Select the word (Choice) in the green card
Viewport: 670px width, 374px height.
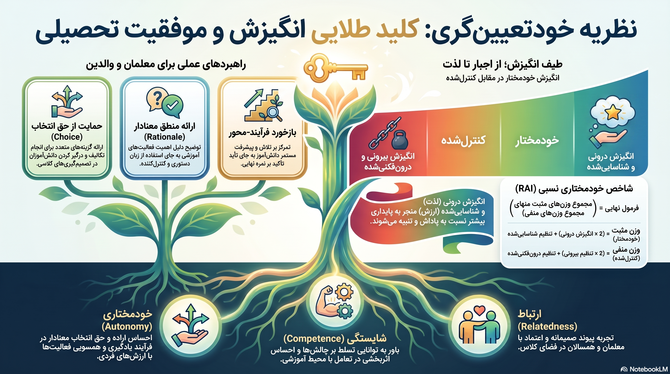click(67, 137)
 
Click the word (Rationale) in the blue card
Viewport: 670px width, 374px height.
click(165, 137)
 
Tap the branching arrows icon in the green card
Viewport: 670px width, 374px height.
click(67, 102)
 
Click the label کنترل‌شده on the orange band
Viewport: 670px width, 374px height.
click(463, 140)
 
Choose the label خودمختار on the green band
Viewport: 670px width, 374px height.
click(537, 140)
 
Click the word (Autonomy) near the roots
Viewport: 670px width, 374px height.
click(127, 327)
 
